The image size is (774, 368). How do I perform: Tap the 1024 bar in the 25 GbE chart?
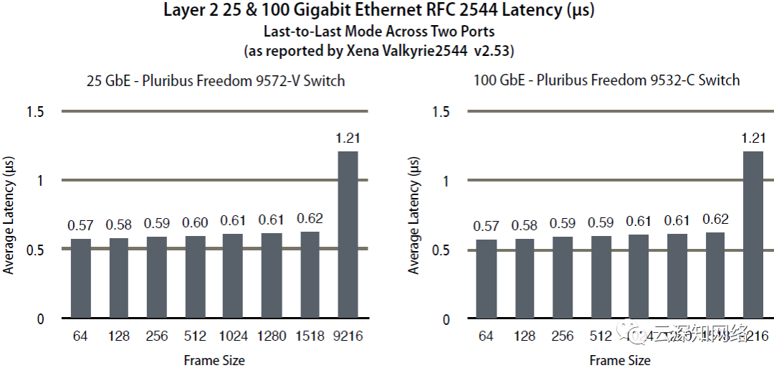click(x=233, y=275)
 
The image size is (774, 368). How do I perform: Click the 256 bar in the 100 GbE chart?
click(x=563, y=277)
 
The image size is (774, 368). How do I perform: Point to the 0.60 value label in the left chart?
click(x=195, y=224)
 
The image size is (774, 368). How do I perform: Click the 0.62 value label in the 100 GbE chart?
click(x=715, y=220)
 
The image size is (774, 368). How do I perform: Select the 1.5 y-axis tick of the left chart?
click(x=36, y=112)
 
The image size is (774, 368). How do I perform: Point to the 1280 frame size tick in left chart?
click(x=271, y=336)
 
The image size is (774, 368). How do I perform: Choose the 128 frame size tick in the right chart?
click(x=525, y=336)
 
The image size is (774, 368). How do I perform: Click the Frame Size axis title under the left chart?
click(x=214, y=360)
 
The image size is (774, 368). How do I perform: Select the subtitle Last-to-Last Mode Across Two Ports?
click(x=379, y=32)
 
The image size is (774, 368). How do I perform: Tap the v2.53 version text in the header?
click(x=494, y=52)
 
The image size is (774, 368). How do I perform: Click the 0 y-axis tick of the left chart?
click(x=40, y=319)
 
